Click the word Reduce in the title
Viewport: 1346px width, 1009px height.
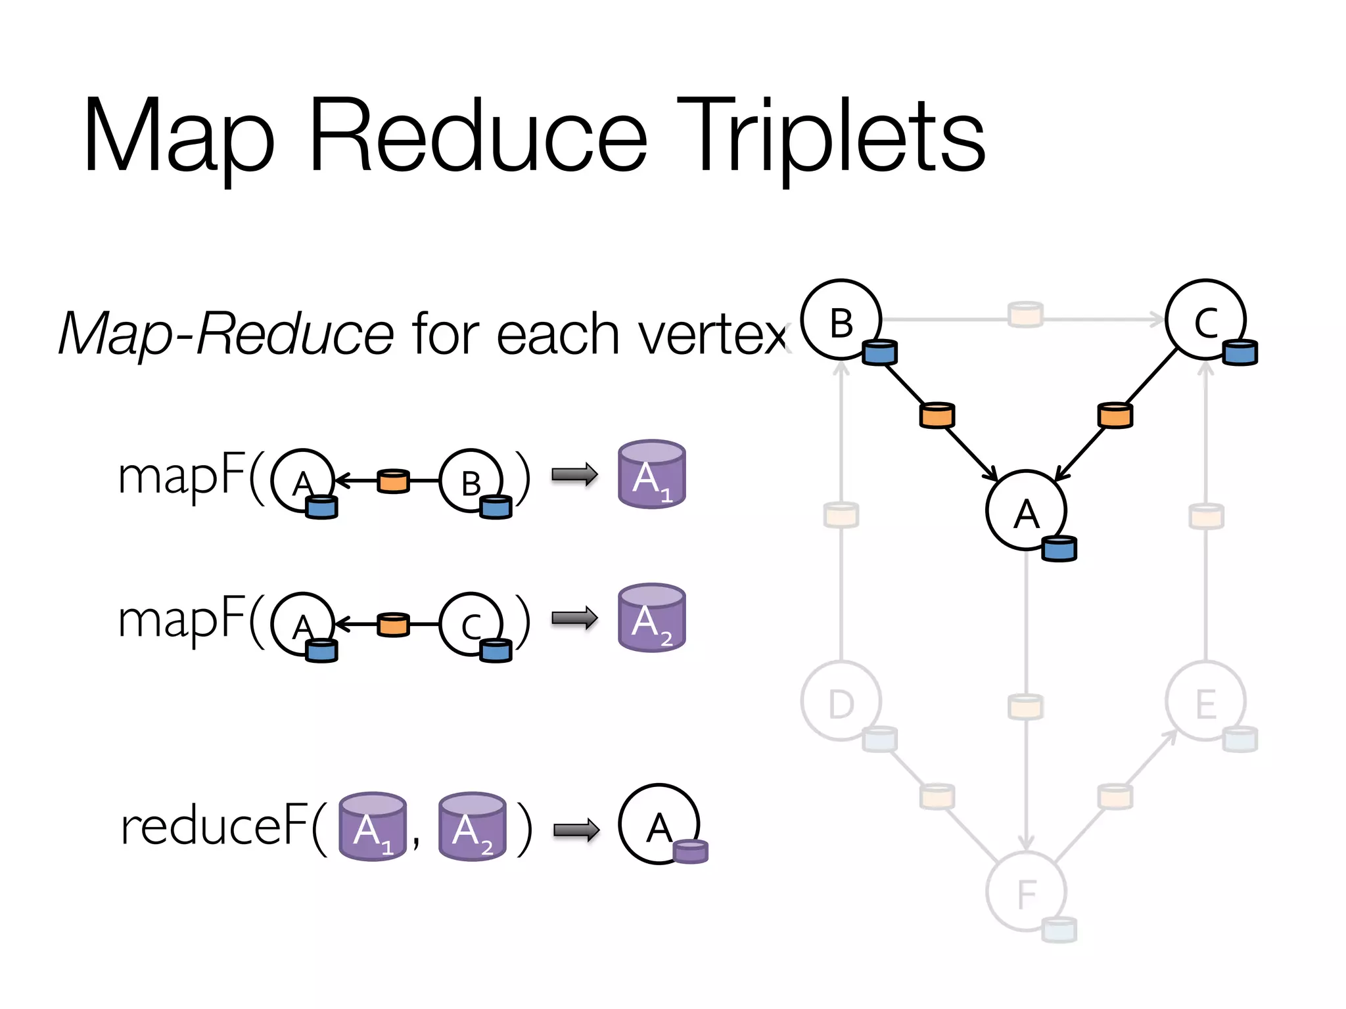(x=478, y=136)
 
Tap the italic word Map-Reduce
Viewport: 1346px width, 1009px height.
(x=225, y=334)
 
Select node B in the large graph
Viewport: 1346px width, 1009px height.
(x=841, y=320)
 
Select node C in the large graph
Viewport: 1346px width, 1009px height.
(x=1205, y=320)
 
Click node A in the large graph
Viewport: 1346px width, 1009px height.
(x=1025, y=510)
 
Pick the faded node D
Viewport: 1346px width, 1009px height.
(x=841, y=702)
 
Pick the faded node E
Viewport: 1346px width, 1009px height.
(x=1205, y=702)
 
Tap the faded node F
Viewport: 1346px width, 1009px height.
(x=1025, y=891)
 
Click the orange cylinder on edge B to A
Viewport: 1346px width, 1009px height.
(x=937, y=415)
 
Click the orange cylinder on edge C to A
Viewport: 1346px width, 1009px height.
(x=1115, y=415)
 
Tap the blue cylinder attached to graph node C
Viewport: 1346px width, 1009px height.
(x=1240, y=353)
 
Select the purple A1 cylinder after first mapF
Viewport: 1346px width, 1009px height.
(x=651, y=474)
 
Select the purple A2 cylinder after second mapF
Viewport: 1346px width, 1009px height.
(x=651, y=618)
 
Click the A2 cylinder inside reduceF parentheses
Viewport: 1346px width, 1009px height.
(x=472, y=827)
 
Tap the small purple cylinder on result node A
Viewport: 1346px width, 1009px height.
(x=690, y=851)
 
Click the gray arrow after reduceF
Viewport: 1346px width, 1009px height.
(x=576, y=830)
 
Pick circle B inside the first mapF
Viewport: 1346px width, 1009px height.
(x=471, y=481)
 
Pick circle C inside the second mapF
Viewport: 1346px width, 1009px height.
(x=471, y=625)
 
